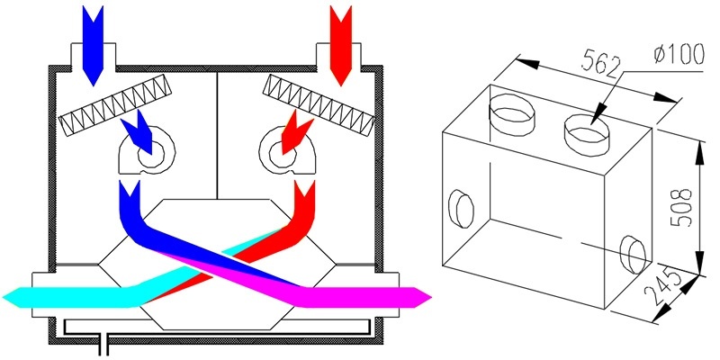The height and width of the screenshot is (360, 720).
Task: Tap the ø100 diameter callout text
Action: tap(679, 55)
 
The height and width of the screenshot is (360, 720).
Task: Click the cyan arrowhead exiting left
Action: tap(18, 297)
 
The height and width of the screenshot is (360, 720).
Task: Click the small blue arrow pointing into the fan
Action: tap(138, 132)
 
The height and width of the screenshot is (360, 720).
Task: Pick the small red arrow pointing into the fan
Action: tap(296, 133)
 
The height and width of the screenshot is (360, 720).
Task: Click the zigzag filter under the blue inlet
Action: tap(115, 110)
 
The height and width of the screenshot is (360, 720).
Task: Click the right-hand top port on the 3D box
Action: tap(588, 133)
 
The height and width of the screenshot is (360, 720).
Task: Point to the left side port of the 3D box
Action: tap(461, 209)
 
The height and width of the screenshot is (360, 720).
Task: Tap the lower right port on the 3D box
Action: tap(633, 254)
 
